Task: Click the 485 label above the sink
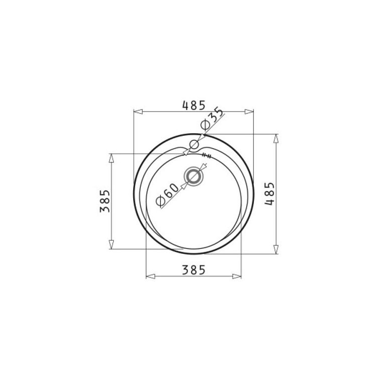coord(194,105)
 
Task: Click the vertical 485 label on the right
coord(269,194)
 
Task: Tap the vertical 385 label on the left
coord(105,201)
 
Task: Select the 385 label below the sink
coord(194,270)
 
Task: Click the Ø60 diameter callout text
coord(167,195)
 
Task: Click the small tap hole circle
coord(194,144)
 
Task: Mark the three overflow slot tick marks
coord(207,155)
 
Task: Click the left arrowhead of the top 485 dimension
coord(138,112)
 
